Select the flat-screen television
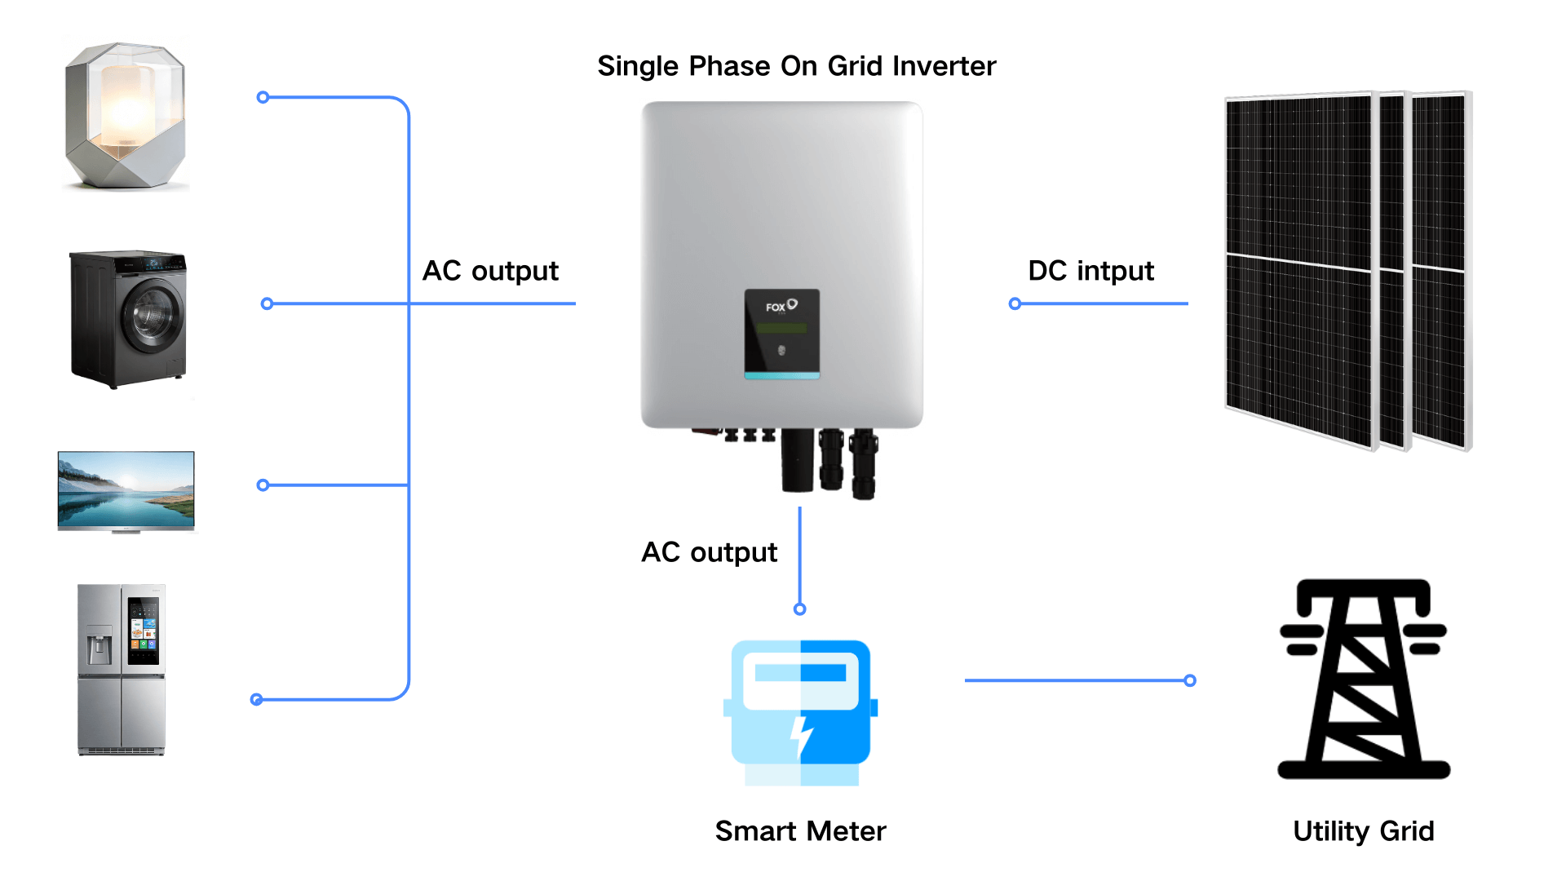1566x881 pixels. [126, 491]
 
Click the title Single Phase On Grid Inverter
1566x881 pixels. [796, 66]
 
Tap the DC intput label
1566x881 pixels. [1090, 271]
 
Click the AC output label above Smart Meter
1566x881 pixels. [709, 552]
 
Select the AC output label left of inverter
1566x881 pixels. [490, 271]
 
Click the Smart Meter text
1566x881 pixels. [800, 831]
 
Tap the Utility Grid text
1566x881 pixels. [1363, 831]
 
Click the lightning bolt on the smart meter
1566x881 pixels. [803, 737]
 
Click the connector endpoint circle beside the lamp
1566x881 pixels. [263, 98]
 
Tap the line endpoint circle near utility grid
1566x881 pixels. [1190, 680]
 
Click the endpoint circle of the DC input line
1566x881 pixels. [1015, 304]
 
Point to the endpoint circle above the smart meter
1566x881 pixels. [800, 609]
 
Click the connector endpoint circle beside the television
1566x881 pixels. [263, 485]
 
